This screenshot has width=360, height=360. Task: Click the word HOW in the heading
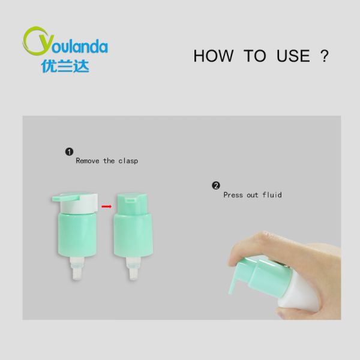pyautogui.click(x=213, y=56)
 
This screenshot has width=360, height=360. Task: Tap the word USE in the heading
pyautogui.click(x=293, y=56)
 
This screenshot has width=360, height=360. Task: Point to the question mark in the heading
pyautogui.click(x=324, y=56)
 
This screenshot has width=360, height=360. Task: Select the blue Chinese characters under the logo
pyautogui.click(x=65, y=67)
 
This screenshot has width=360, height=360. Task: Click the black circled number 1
pyautogui.click(x=69, y=152)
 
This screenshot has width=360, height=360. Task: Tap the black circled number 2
pyautogui.click(x=216, y=185)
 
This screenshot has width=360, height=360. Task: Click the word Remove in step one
pyautogui.click(x=88, y=161)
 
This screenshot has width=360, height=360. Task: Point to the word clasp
pyautogui.click(x=128, y=161)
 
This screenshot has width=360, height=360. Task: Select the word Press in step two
pyautogui.click(x=233, y=195)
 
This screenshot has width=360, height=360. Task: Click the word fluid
pyautogui.click(x=272, y=194)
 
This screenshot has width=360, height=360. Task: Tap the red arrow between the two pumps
pyautogui.click(x=107, y=206)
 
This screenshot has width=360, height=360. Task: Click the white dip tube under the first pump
pyautogui.click(x=77, y=268)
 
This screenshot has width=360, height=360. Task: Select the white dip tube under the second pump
pyautogui.click(x=133, y=268)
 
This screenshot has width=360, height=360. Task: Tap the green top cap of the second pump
pyautogui.click(x=132, y=204)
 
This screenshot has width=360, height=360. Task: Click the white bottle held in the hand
pyautogui.click(x=298, y=291)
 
